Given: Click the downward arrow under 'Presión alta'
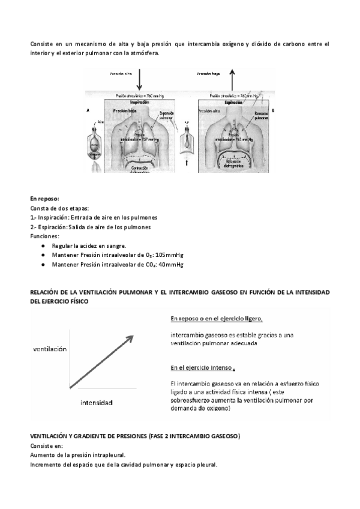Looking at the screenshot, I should tap(139, 79).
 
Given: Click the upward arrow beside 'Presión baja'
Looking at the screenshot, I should tap(233, 78).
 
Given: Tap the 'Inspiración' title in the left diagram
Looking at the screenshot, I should tap(139, 103).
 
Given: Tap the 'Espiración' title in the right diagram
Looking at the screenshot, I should tap(232, 103).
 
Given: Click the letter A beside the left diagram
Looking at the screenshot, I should tap(89, 111).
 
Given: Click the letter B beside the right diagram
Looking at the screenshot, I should tap(273, 110).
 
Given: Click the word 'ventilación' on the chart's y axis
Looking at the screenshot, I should tap(50, 348).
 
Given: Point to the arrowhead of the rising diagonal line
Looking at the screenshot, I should tap(130, 337).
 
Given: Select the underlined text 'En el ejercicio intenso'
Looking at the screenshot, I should tap(202, 367).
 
